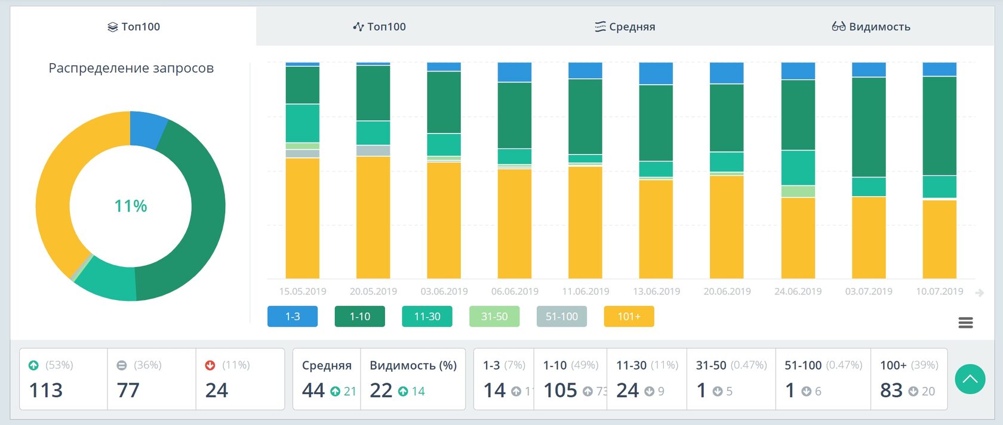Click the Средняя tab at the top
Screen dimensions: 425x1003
(625, 27)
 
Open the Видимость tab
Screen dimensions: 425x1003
(871, 27)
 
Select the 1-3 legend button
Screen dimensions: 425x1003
(293, 317)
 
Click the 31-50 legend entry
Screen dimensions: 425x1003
(494, 317)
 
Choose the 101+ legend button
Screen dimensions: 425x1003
(629, 317)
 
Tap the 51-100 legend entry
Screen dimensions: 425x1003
(562, 317)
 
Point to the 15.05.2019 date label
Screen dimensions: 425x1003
(303, 291)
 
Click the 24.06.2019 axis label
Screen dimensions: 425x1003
(798, 291)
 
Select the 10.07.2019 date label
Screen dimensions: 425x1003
(939, 291)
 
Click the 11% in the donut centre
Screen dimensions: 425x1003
(131, 206)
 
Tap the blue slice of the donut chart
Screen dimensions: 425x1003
(146, 128)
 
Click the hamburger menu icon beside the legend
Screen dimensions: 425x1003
(965, 322)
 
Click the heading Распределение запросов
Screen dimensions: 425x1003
(131, 68)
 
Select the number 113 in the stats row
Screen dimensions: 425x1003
(46, 390)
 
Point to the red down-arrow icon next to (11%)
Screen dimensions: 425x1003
(210, 365)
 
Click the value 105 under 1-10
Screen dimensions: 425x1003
(560, 390)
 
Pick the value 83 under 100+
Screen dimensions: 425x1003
(891, 390)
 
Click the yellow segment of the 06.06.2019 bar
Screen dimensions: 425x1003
(515, 224)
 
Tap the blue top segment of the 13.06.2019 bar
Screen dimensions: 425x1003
(656, 73)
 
